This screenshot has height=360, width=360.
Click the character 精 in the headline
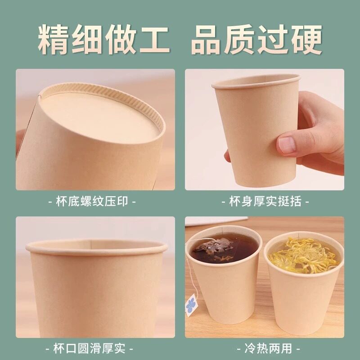tap(54, 39)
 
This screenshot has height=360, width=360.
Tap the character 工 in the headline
tap(154, 40)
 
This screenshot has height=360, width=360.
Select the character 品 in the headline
tap(206, 40)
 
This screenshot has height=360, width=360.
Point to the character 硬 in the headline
tap(307, 40)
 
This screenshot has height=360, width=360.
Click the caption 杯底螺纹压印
tap(92, 202)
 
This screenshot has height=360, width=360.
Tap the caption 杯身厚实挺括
tap(265, 202)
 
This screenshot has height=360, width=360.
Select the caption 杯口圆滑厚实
tap(90, 348)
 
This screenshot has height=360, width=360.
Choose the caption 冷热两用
tap(268, 348)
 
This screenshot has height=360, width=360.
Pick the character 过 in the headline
tap(273, 40)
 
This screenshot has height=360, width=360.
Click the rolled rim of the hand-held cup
tap(256, 81)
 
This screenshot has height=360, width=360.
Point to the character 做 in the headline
tap(121, 40)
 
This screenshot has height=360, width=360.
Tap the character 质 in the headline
tap(239, 40)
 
